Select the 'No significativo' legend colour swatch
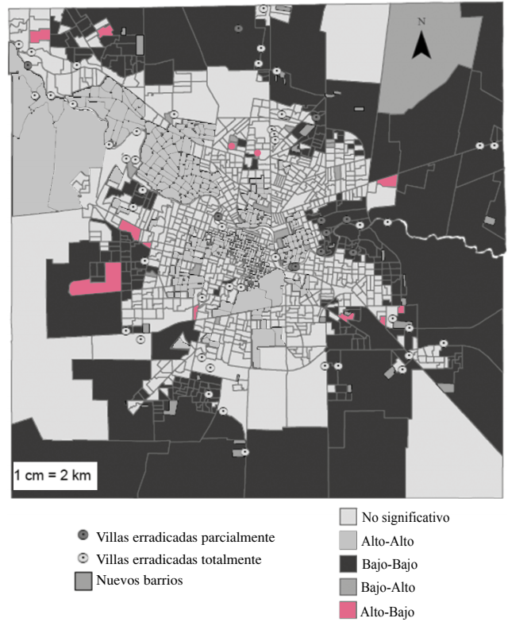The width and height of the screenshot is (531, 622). coord(348,517)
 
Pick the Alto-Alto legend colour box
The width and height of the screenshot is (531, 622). coord(348,541)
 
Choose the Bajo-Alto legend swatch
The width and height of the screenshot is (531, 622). coord(348,588)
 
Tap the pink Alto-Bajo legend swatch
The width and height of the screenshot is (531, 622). coord(348,611)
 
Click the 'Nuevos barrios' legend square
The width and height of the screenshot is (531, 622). coord(83,580)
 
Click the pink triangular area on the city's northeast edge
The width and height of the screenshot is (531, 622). coord(387,182)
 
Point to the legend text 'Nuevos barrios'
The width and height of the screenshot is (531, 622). coord(140,581)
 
